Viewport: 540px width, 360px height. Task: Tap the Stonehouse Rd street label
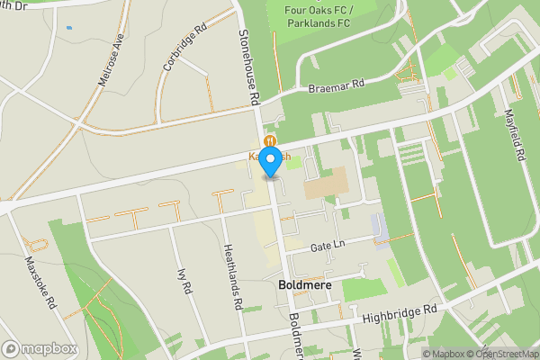(249, 62)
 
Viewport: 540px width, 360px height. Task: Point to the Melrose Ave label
(111, 60)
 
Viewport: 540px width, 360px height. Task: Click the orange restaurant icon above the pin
(270, 140)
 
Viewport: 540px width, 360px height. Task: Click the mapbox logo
(40, 348)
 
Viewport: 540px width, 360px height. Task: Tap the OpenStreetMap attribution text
(501, 354)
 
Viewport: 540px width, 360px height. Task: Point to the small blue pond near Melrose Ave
(68, 28)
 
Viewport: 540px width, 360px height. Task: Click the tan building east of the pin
(324, 184)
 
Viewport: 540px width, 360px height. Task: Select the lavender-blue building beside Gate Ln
(380, 227)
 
